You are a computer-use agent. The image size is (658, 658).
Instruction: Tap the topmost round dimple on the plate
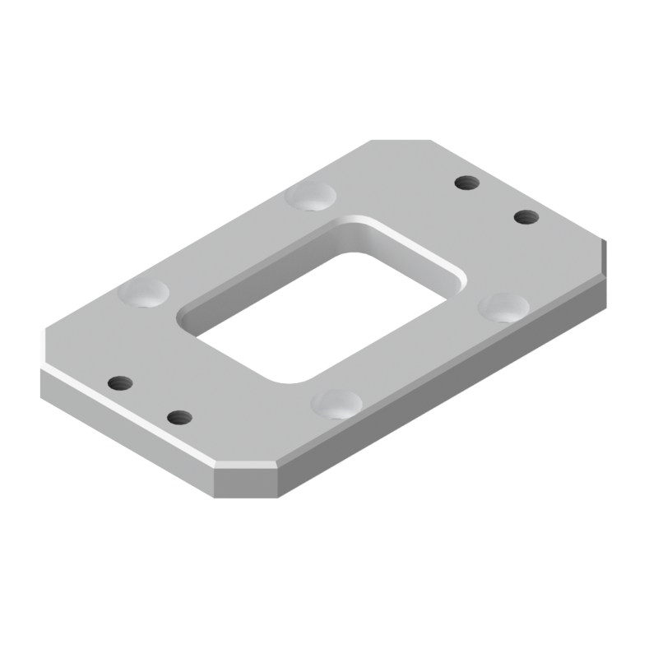(311, 197)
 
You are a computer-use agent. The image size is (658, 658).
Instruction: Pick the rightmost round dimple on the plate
(503, 307)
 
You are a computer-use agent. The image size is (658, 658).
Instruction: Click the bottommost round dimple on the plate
(337, 403)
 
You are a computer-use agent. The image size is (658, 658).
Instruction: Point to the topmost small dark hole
(466, 182)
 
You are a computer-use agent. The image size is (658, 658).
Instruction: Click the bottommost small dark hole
(178, 417)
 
